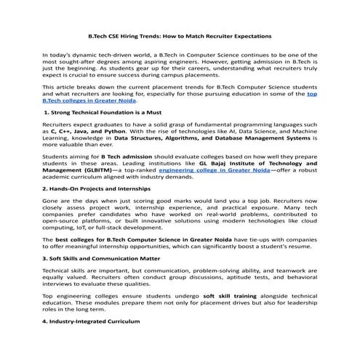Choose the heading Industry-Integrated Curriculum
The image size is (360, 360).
point(91,321)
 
